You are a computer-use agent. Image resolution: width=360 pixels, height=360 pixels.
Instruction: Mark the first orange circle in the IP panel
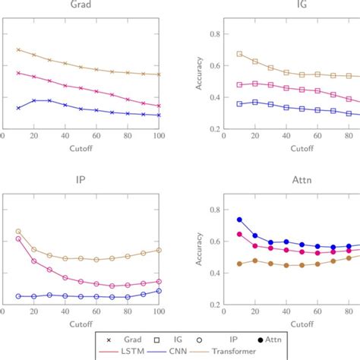(x=18, y=231)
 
